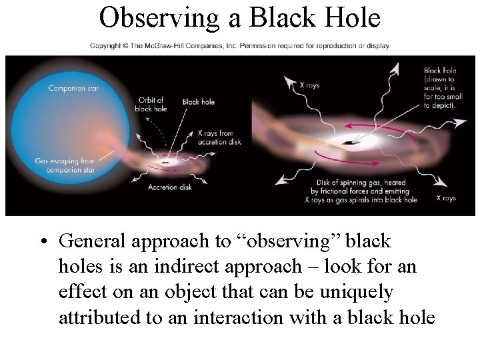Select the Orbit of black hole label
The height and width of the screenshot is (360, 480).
[152, 105]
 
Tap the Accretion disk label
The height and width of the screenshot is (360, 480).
[171, 187]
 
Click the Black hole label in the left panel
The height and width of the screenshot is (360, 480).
[199, 102]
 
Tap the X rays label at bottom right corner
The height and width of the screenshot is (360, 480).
[446, 198]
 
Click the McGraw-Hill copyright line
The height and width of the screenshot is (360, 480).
[240, 46]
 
